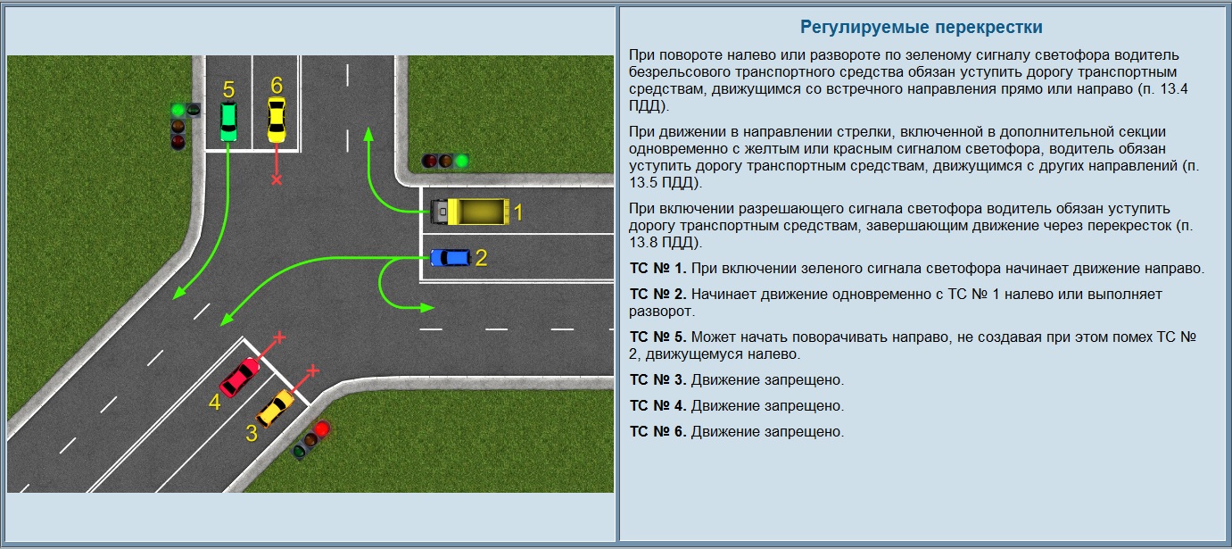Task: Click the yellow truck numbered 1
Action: (x=470, y=212)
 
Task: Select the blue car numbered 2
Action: (x=451, y=257)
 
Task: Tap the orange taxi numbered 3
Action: (x=276, y=408)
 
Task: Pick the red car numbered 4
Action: (x=240, y=378)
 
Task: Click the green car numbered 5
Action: (x=228, y=121)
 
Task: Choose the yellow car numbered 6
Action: (x=276, y=120)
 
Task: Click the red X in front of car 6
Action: (x=277, y=180)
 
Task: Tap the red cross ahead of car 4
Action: (x=279, y=337)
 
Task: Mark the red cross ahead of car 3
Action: (x=313, y=370)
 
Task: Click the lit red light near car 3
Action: (x=322, y=428)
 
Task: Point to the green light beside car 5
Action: (x=178, y=111)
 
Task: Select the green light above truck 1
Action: (x=461, y=162)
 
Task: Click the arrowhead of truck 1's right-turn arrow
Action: (x=368, y=134)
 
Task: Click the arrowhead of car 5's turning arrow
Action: (x=178, y=293)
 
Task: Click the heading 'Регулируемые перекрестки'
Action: (x=922, y=27)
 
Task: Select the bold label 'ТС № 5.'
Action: (x=657, y=337)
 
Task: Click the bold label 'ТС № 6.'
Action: (x=657, y=431)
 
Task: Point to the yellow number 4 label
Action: (x=214, y=402)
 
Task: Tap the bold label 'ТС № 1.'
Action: (x=657, y=268)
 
